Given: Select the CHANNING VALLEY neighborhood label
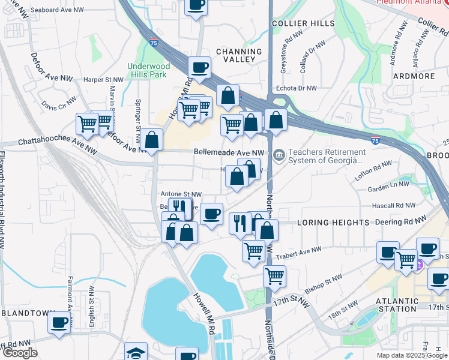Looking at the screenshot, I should coord(239,56).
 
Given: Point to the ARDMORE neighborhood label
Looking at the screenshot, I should coord(414,76).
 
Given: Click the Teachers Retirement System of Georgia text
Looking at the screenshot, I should coord(327,157).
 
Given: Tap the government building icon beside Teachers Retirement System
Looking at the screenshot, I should coord(279,156).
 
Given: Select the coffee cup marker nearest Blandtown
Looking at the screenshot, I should coord(59,322).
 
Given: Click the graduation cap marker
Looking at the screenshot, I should coord(136,352).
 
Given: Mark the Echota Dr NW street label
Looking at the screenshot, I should coord(298,88).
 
